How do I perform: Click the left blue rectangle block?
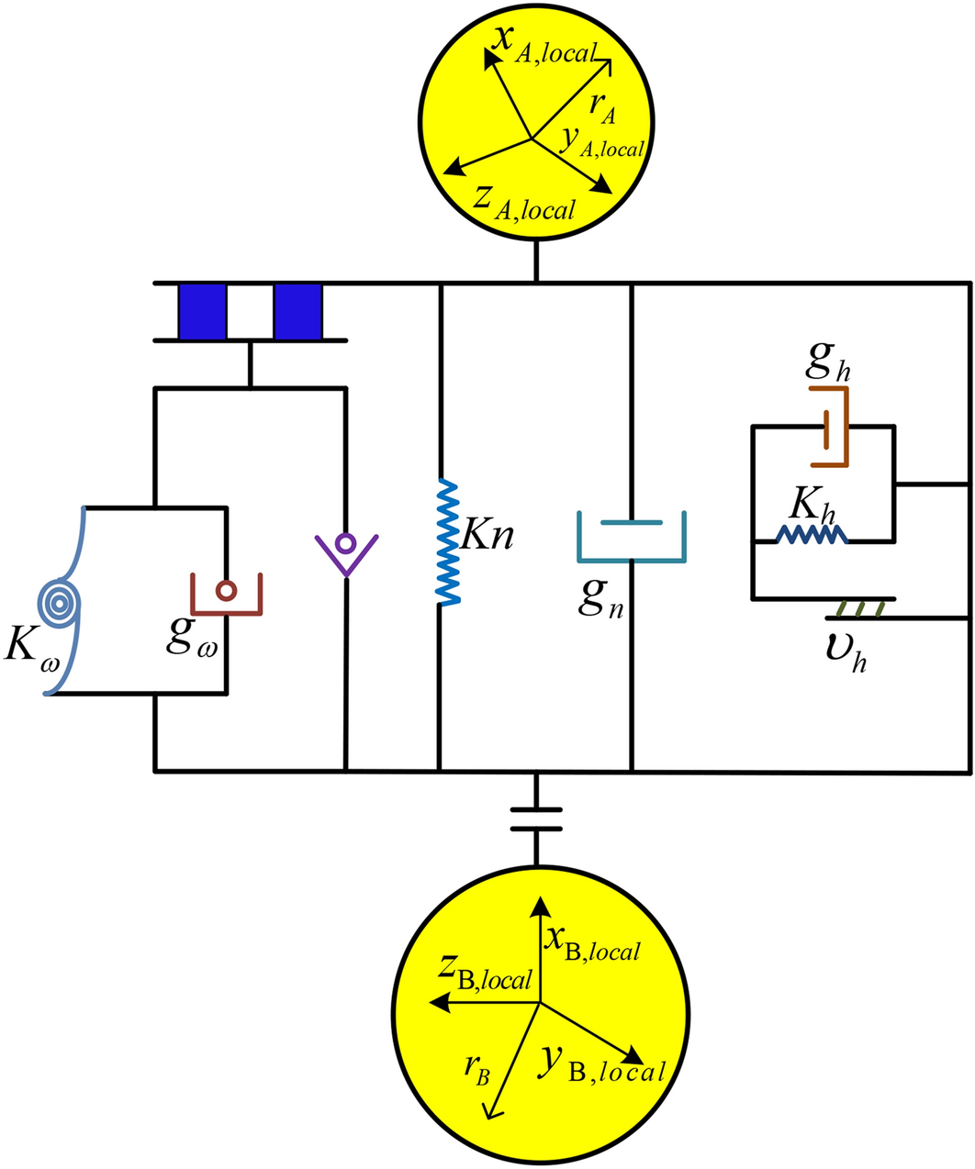coord(202,312)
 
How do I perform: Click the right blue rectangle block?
coord(297,312)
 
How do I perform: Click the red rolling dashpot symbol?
coord(227,594)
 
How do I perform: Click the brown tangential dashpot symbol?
coord(835,427)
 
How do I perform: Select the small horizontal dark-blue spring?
coord(812,535)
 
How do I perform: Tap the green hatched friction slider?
coord(862,608)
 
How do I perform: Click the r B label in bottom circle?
coord(476,1069)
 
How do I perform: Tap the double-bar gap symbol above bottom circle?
coord(536,818)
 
